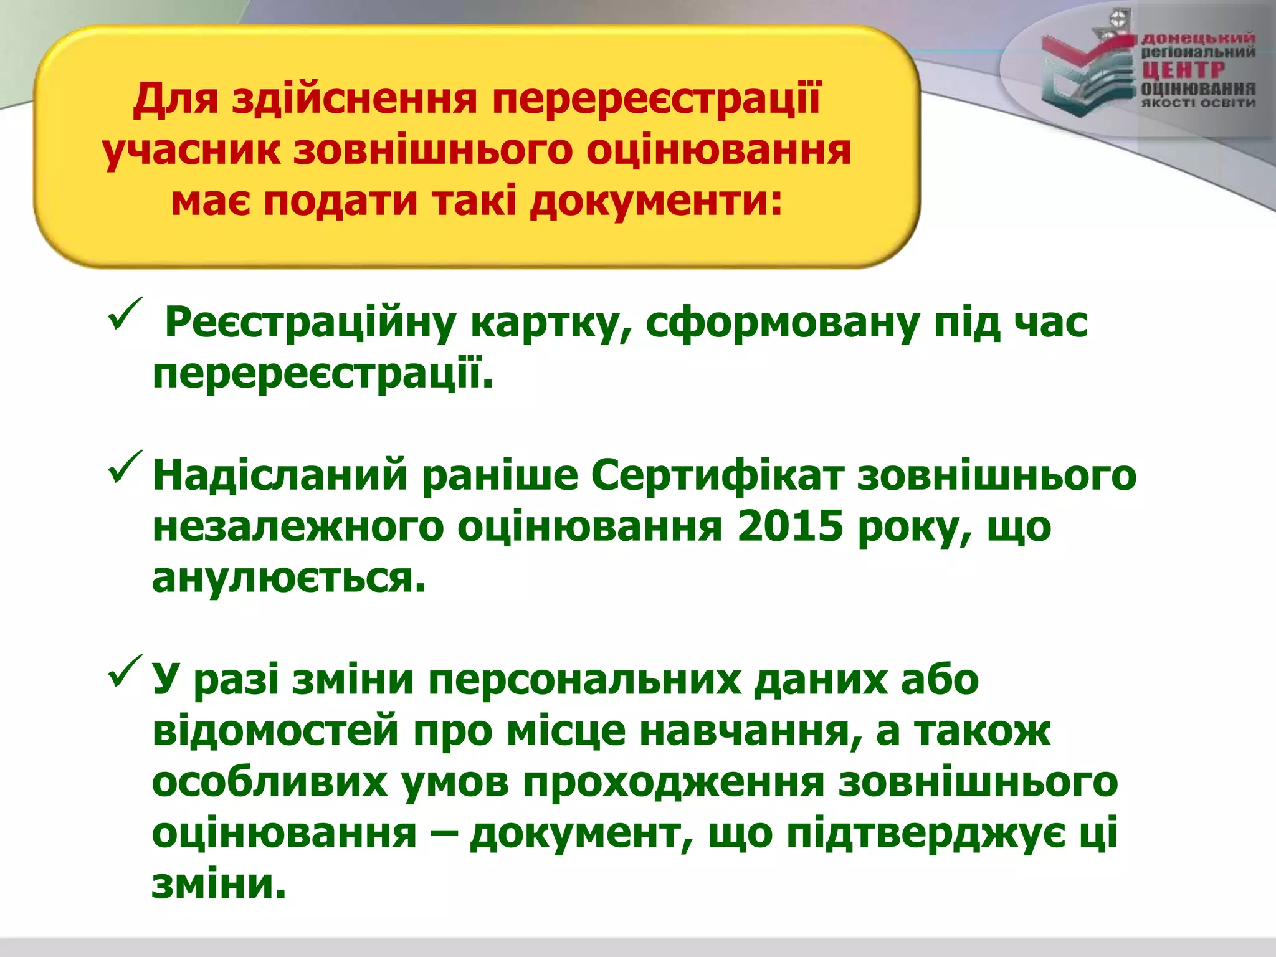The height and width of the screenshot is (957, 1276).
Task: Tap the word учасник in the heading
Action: [191, 151]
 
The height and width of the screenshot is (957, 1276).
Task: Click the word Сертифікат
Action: [717, 475]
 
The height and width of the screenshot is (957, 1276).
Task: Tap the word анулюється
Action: [289, 579]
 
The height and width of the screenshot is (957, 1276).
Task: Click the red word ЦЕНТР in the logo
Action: [1183, 70]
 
